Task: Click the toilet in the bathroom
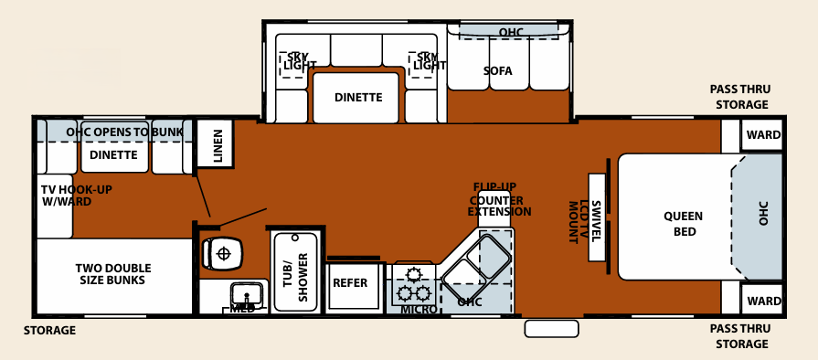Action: click(220, 252)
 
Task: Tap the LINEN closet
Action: click(216, 145)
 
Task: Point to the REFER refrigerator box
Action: click(349, 283)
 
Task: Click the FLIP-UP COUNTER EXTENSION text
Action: click(498, 199)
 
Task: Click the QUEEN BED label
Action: click(683, 224)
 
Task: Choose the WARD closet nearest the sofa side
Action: click(762, 135)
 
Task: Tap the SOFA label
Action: click(498, 71)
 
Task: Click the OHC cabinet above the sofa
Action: click(510, 32)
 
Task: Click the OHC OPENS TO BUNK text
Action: click(131, 132)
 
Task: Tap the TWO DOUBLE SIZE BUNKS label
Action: click(113, 274)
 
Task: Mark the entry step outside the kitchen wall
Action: click(550, 327)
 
